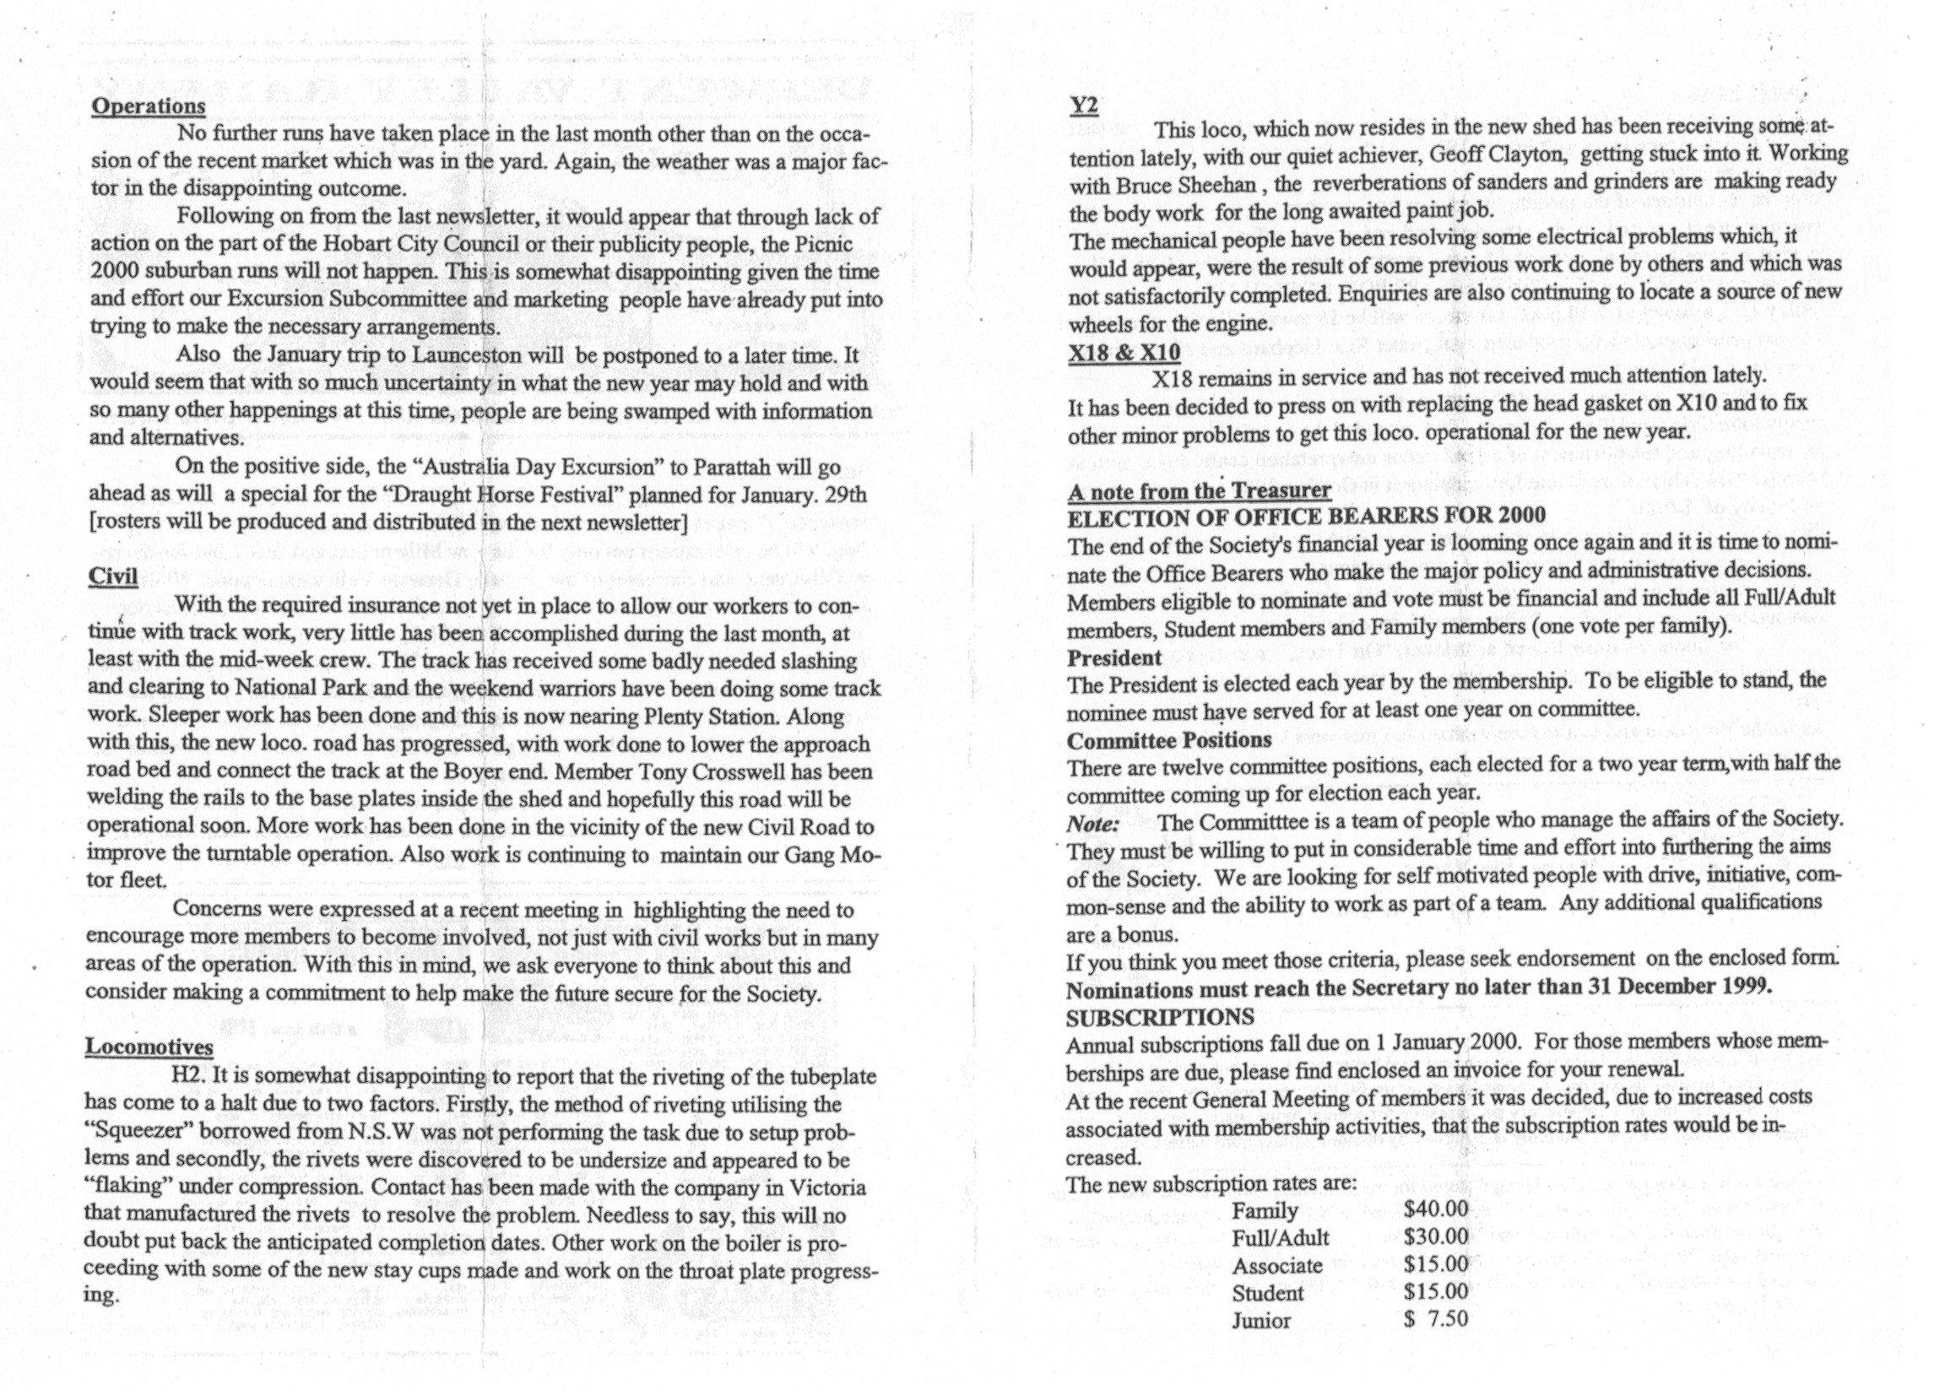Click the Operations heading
[148, 106]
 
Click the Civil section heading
[112, 576]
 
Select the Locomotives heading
[149, 1047]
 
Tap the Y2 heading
[1084, 106]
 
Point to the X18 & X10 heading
[1124, 351]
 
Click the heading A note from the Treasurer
[1199, 490]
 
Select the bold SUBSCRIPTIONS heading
[1160, 1017]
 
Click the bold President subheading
[1113, 657]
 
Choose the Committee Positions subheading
[1168, 740]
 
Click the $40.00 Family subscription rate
[1436, 1209]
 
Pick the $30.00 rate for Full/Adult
[1436, 1236]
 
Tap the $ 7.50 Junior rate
[1436, 1319]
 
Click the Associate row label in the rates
[1276, 1265]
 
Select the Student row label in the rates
[1267, 1293]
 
